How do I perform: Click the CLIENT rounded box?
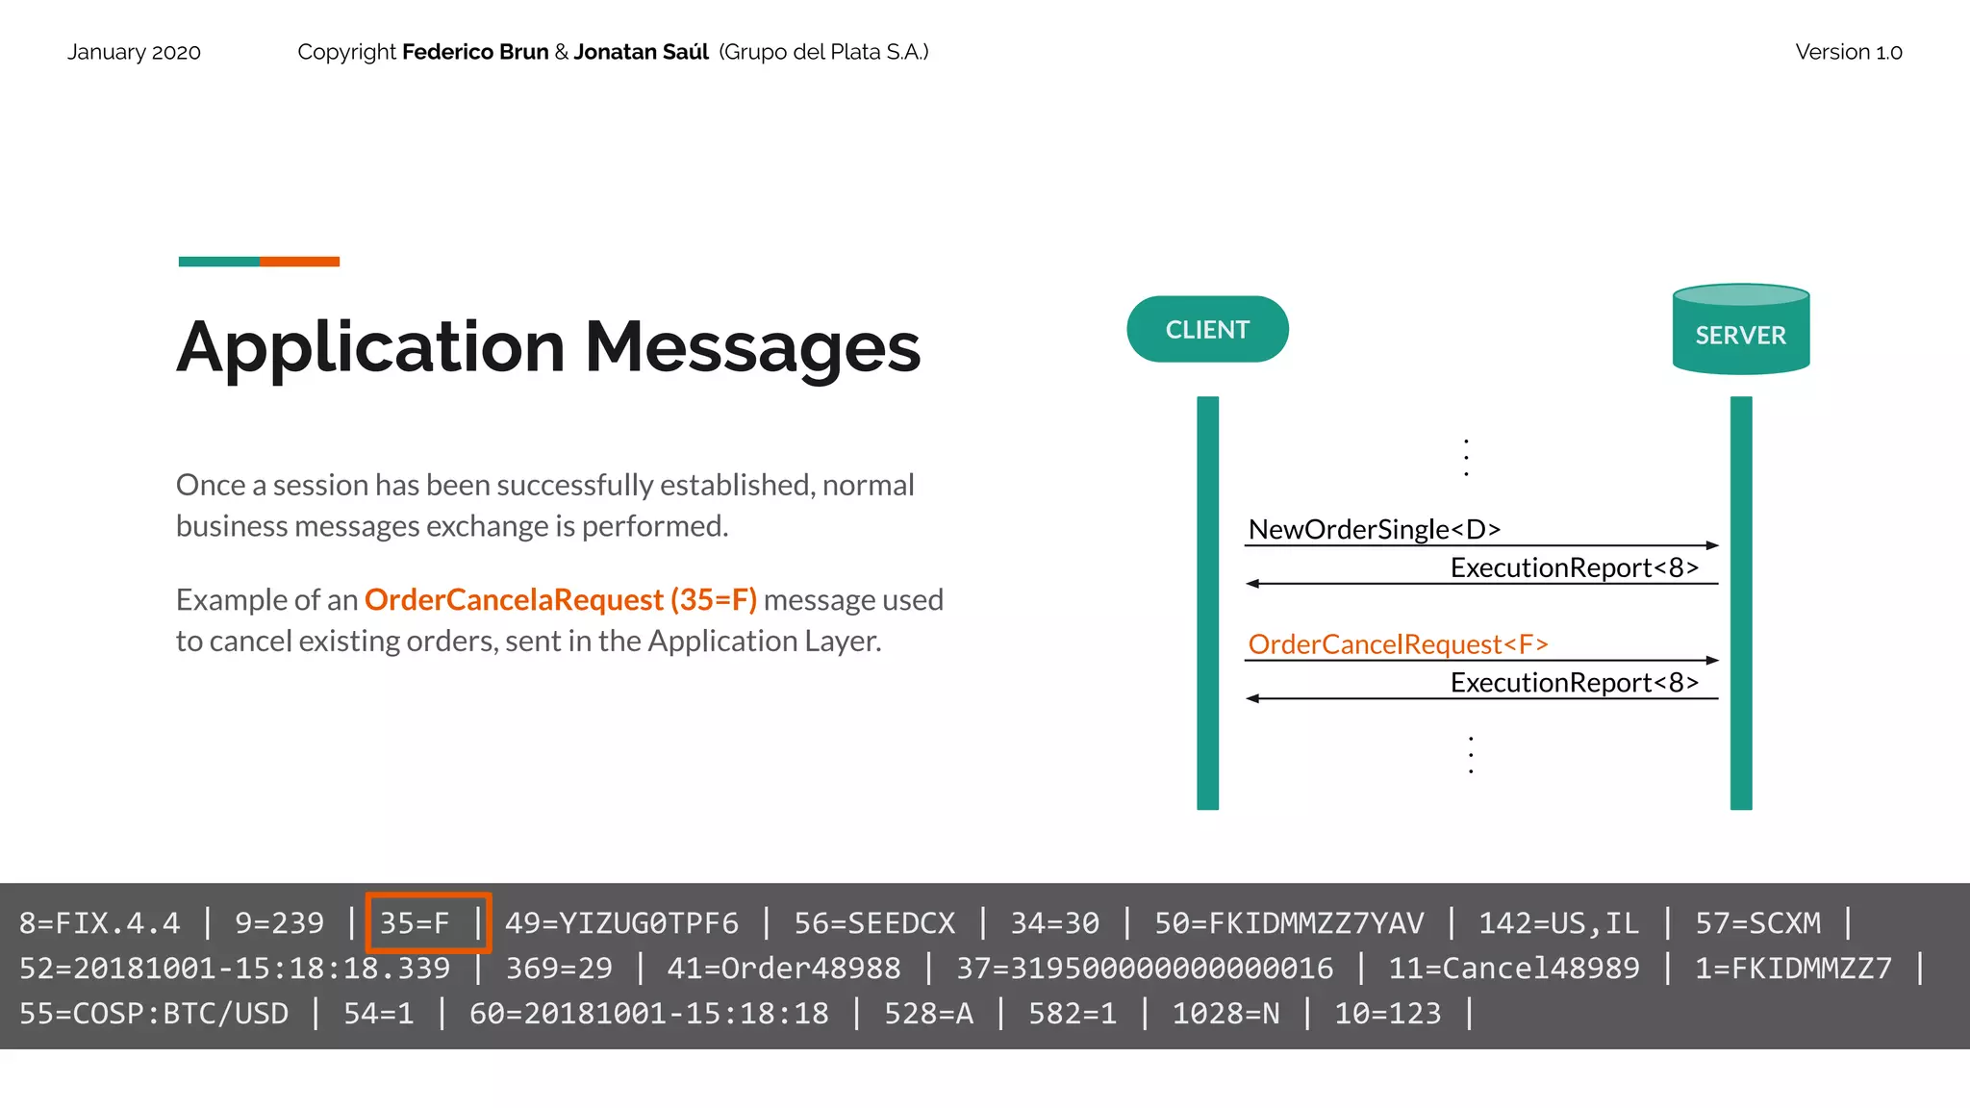(x=1207, y=329)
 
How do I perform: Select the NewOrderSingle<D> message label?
(x=1374, y=529)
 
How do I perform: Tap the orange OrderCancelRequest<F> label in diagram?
(x=1398, y=643)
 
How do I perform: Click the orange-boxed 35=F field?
(x=416, y=922)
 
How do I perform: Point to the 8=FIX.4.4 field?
(x=99, y=922)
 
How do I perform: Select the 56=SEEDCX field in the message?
(x=873, y=922)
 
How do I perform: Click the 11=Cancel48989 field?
(x=1513, y=968)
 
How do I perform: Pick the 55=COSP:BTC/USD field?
(x=154, y=1013)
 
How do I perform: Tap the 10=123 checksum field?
(x=1387, y=1013)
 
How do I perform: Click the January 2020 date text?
(x=134, y=52)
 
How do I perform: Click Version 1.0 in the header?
(x=1848, y=52)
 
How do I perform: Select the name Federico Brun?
(x=475, y=52)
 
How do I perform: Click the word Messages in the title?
(x=752, y=347)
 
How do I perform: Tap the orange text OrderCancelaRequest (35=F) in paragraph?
(x=561, y=599)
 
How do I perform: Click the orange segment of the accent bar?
(x=299, y=262)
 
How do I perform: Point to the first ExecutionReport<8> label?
(x=1574, y=567)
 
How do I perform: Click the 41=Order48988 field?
(x=784, y=968)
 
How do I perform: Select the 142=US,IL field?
(x=1558, y=922)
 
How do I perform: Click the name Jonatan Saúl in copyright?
(x=641, y=52)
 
